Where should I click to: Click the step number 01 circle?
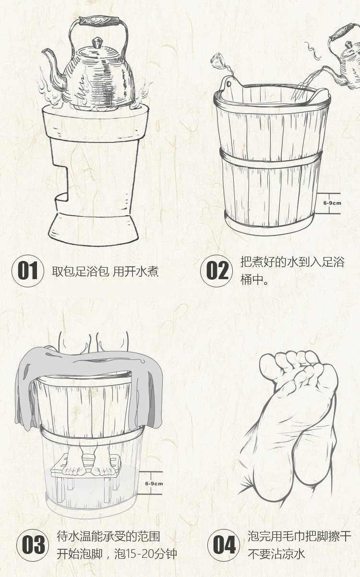[x=28, y=271]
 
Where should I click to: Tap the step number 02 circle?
[x=216, y=271]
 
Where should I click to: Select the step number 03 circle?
[x=33, y=545]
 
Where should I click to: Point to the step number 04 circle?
[x=223, y=545]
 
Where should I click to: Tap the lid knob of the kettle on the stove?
[x=97, y=43]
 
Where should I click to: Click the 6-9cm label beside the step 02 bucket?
[x=332, y=203]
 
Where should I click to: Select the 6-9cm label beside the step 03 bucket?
[x=154, y=483]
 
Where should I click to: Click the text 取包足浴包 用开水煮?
[x=105, y=271]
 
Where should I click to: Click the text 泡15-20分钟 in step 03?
[x=145, y=553]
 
